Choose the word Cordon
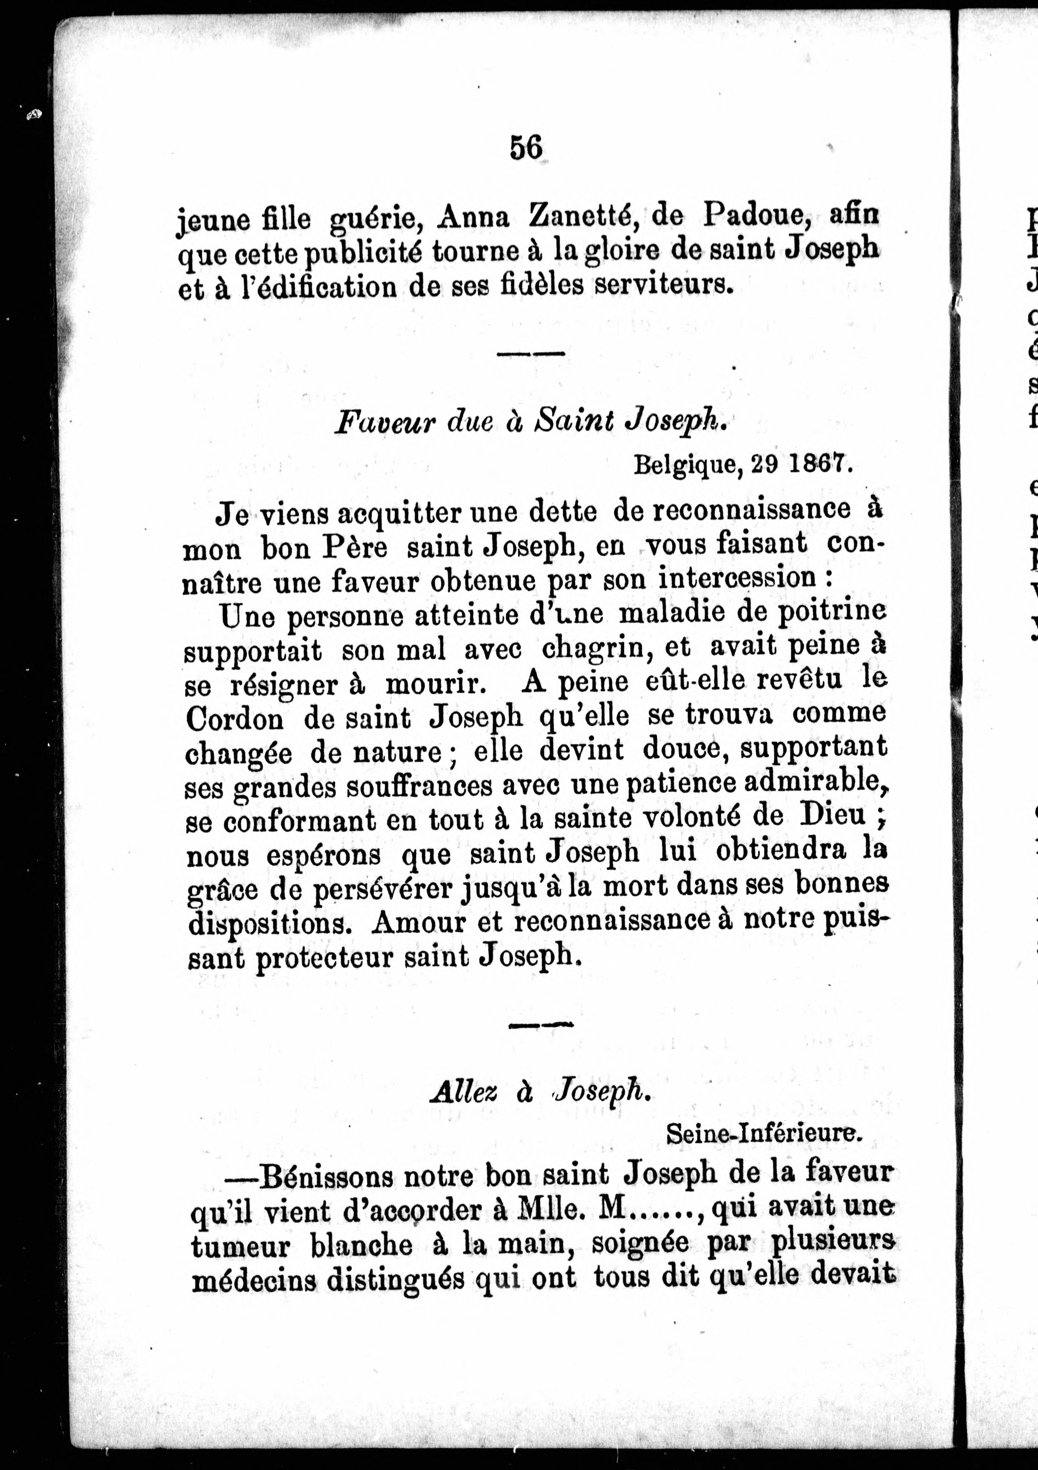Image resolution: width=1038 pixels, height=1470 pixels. [234, 719]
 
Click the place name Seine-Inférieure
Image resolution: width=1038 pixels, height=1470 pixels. [764, 1134]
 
